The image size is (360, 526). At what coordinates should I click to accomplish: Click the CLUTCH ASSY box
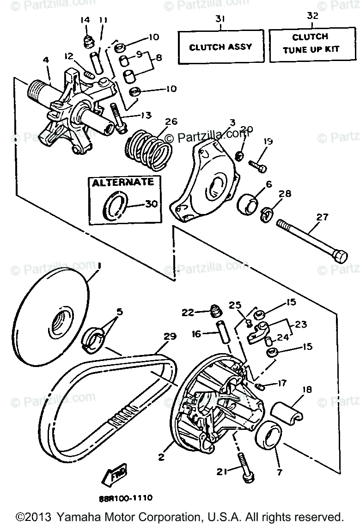pos(221,47)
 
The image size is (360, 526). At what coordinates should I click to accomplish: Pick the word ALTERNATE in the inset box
pos(122,182)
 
